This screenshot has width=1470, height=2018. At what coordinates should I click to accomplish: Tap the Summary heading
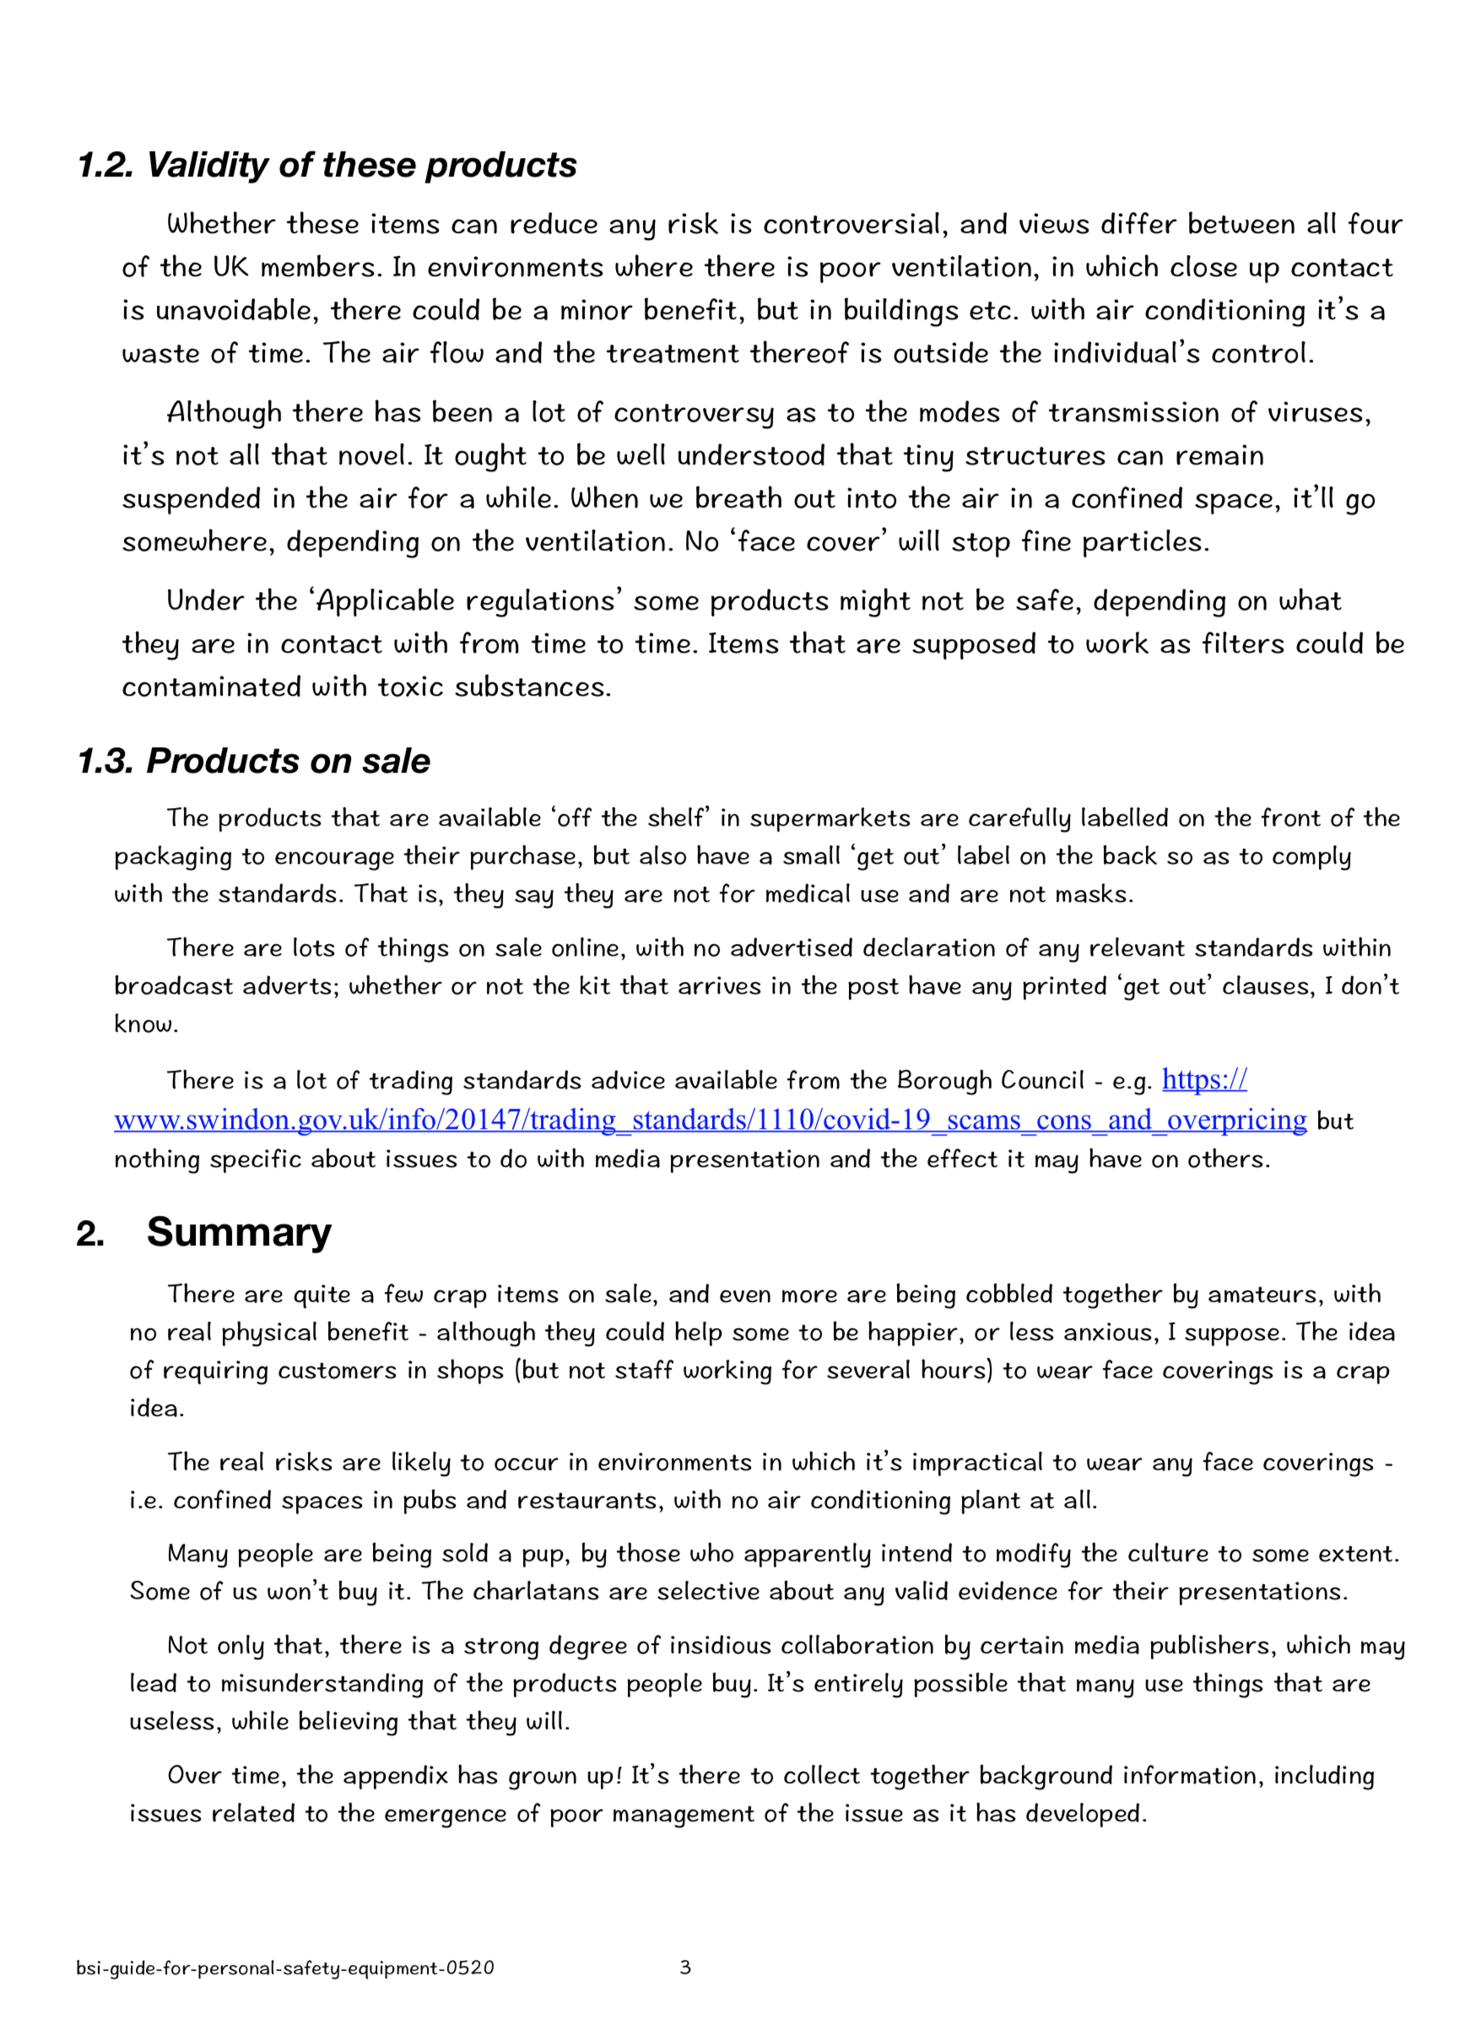coord(239,1233)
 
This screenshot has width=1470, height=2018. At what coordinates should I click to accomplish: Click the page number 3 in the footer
coord(685,1967)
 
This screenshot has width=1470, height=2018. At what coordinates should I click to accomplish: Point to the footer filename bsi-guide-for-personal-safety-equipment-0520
coord(284,1968)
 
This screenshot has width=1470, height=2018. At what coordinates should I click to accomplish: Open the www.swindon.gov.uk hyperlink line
coord(709,1120)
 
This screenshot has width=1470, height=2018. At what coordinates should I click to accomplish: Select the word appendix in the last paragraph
coord(395,1776)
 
